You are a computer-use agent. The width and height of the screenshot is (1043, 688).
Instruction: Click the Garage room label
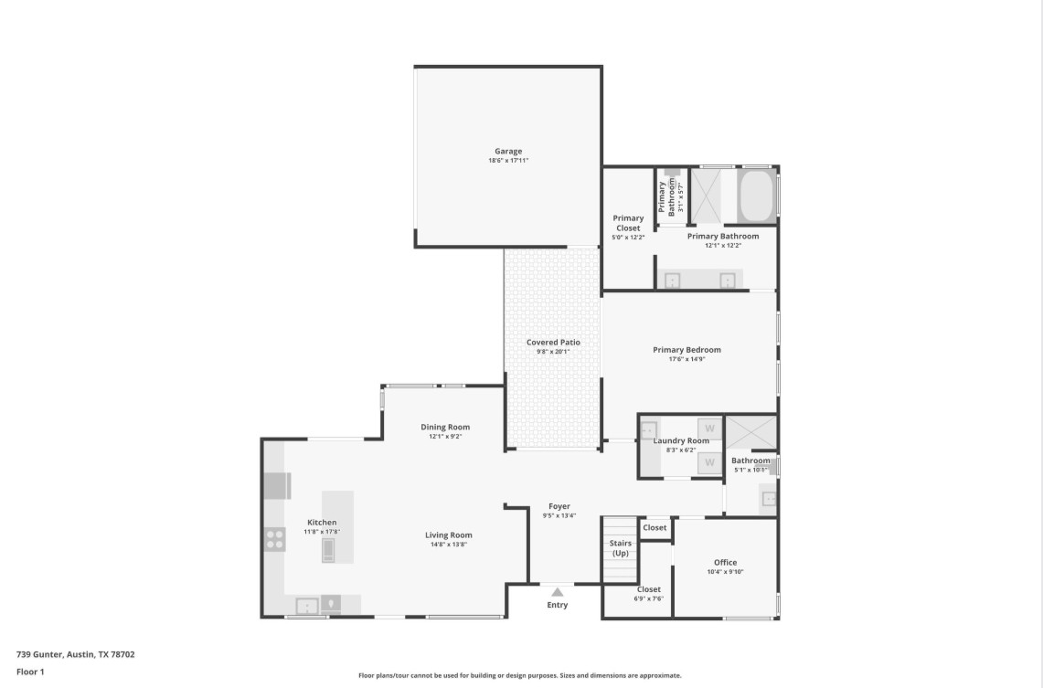pos(508,152)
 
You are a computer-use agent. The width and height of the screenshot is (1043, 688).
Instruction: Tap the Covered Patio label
pos(553,343)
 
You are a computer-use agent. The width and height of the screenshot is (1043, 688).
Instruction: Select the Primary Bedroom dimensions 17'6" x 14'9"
pos(686,359)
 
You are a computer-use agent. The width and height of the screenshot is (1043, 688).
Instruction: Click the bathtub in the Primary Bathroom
pos(756,195)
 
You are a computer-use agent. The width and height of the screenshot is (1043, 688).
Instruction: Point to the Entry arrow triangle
pos(557,592)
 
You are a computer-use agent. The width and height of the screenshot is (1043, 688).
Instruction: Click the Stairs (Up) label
pos(621,548)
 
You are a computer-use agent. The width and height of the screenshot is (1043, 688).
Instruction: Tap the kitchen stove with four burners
pos(275,539)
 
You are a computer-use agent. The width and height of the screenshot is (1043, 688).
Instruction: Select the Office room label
pos(725,563)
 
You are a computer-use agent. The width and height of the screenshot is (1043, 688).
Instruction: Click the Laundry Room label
pos(681,440)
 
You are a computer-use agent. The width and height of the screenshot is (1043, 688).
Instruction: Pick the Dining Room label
pos(445,427)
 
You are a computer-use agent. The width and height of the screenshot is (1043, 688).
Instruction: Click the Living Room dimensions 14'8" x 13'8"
pos(448,545)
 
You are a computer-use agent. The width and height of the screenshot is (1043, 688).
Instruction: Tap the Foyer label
pos(559,506)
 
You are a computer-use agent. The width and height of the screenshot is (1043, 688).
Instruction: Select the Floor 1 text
pos(30,672)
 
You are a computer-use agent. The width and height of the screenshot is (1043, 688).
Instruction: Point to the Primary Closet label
pos(628,223)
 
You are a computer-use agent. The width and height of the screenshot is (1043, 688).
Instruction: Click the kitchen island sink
pos(329,549)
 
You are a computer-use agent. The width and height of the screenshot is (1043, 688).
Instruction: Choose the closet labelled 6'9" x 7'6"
pos(648,594)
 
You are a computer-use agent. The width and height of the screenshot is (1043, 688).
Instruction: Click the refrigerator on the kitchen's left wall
pos(277,485)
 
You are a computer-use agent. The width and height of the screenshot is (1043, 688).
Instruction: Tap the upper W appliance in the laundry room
pos(709,429)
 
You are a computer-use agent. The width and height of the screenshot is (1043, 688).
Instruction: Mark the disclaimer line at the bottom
pos(519,676)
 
